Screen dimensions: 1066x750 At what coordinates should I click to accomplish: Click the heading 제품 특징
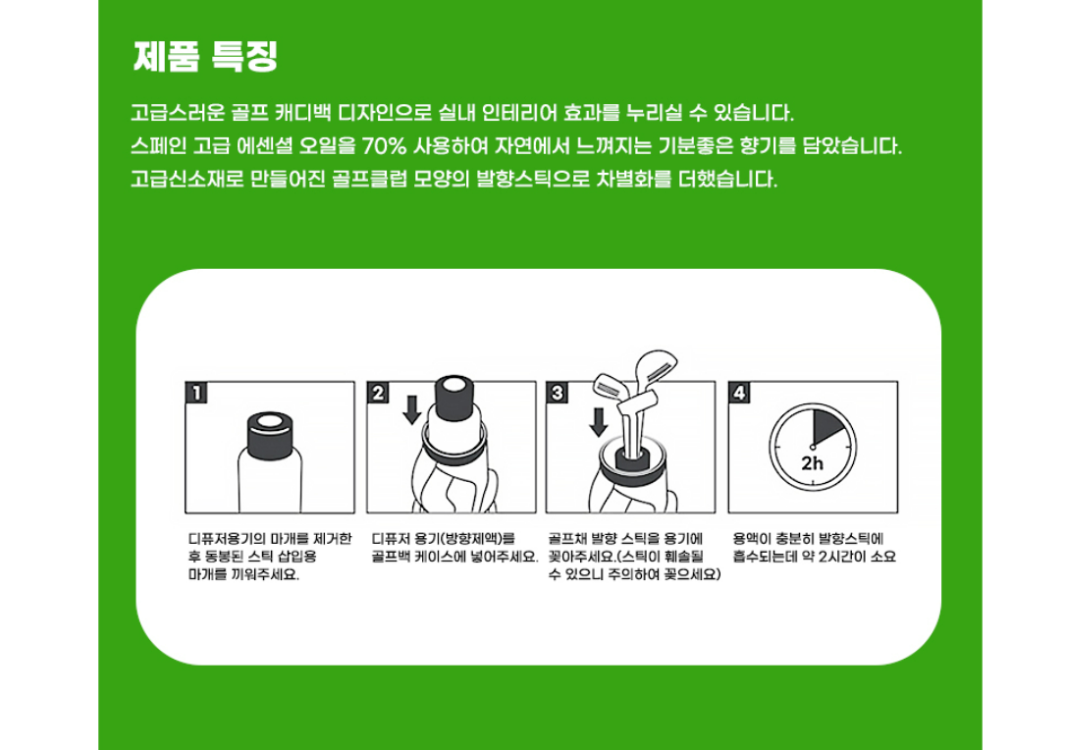(x=205, y=56)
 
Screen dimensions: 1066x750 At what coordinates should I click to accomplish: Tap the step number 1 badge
(x=195, y=393)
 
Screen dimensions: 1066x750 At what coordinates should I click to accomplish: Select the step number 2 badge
(x=377, y=393)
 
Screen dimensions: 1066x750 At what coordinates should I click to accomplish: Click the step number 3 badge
(x=557, y=393)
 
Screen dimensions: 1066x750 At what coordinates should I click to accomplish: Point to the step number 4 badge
(x=739, y=393)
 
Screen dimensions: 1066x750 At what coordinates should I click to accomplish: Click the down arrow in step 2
(x=411, y=409)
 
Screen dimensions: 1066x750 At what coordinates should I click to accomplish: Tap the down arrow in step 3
(x=598, y=421)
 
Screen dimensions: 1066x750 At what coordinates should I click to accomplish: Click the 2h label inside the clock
(x=812, y=463)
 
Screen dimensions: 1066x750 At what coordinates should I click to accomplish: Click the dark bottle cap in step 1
(x=270, y=436)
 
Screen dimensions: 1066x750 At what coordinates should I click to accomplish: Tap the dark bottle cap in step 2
(x=453, y=398)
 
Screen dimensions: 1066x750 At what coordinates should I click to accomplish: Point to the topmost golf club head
(x=656, y=367)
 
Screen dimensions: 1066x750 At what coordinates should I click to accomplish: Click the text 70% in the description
(x=384, y=146)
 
